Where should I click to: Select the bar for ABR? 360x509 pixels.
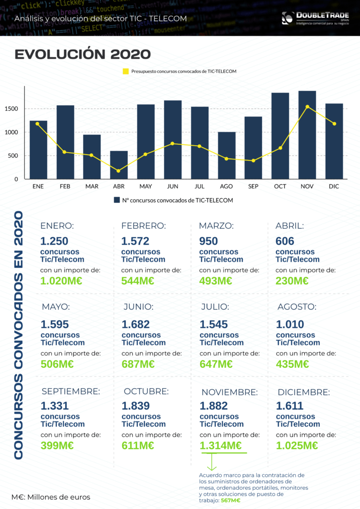(x=119, y=165)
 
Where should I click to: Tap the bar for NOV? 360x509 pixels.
(x=307, y=135)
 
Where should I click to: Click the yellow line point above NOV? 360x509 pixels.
(x=307, y=106)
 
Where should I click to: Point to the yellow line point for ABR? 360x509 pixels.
(x=119, y=171)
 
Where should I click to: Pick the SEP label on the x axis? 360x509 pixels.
(x=254, y=187)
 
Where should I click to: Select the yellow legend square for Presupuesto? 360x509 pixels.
(x=126, y=72)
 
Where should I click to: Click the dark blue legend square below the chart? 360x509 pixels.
(x=117, y=200)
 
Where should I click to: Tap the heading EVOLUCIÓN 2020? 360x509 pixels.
(x=83, y=54)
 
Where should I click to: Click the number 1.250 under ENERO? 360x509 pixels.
(x=55, y=241)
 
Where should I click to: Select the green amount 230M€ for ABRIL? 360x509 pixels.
(x=292, y=280)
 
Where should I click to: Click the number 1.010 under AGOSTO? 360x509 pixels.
(x=291, y=325)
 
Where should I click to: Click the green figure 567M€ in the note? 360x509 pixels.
(x=231, y=501)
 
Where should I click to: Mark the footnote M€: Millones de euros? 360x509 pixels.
(x=51, y=497)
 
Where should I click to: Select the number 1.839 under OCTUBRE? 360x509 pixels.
(x=136, y=406)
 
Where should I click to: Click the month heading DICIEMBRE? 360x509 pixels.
(x=303, y=392)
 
